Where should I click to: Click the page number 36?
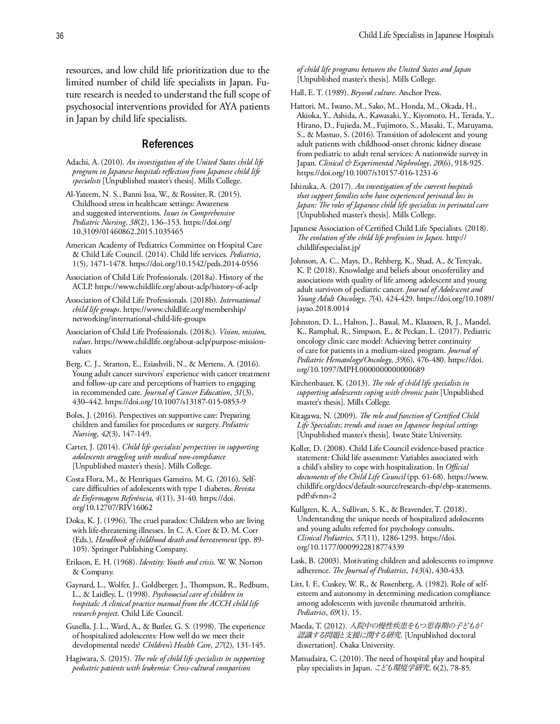coord(60,36)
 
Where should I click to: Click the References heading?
coord(168,144)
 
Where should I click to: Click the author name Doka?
coord(74,521)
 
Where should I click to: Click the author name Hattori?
coord(302,106)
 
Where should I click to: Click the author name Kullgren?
coord(305,510)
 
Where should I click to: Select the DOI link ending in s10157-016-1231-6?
coord(367,173)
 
